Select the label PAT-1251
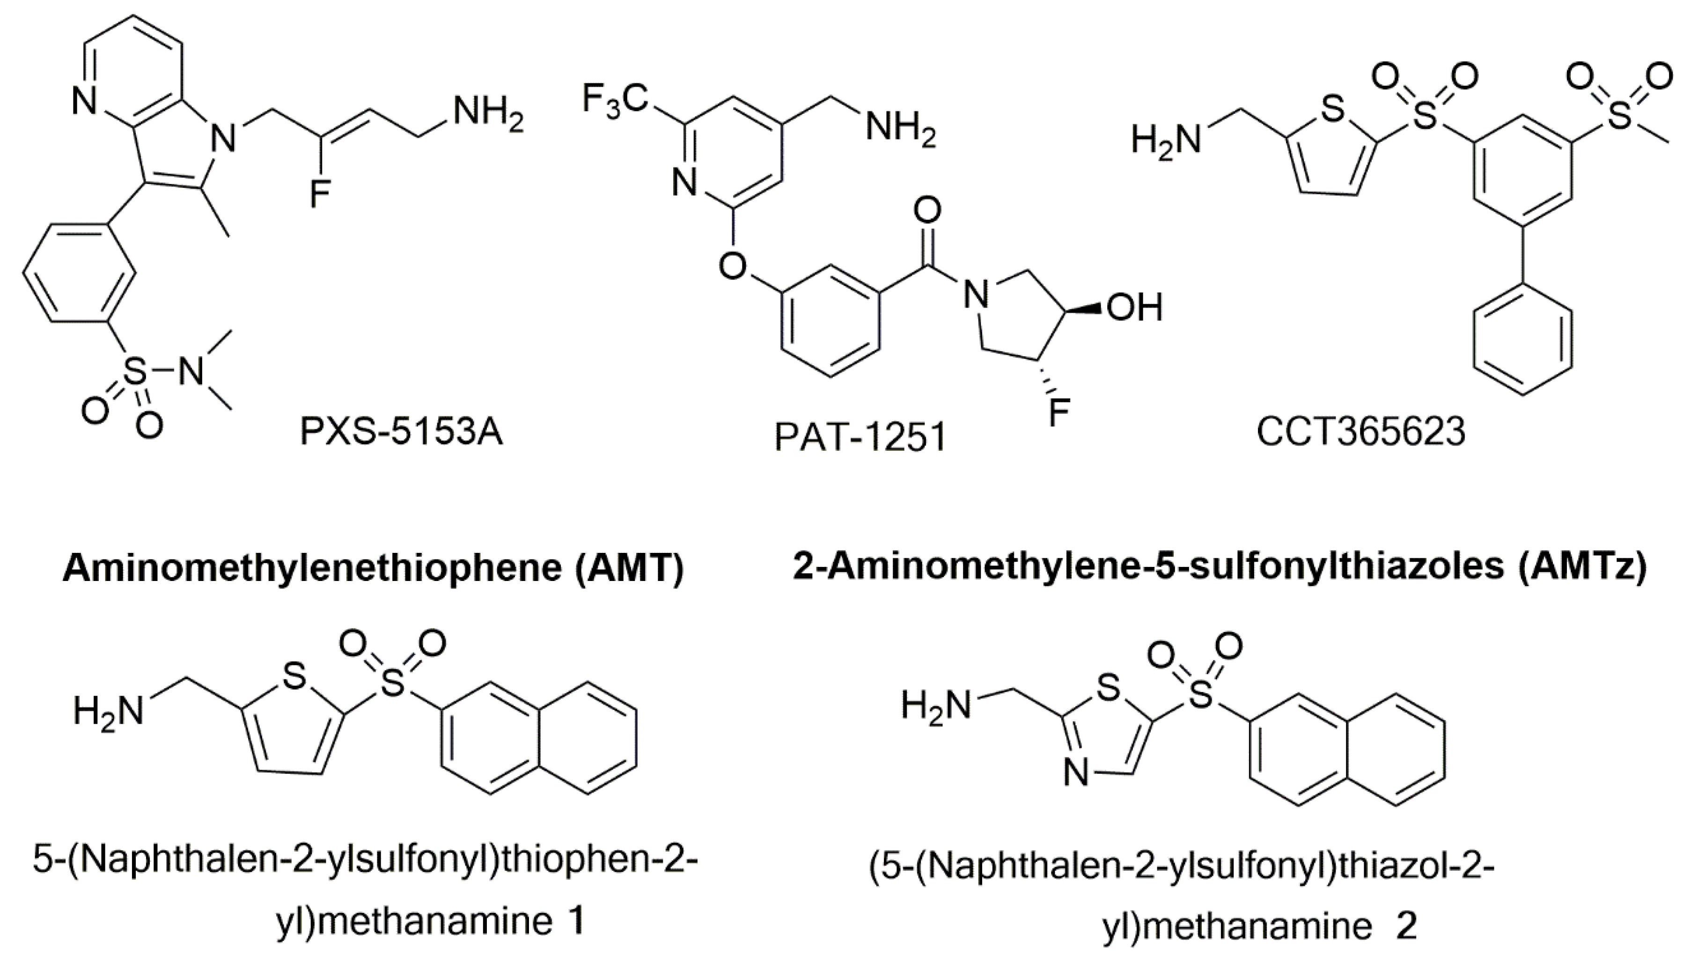coord(860,437)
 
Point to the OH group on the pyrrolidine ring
coord(1134,308)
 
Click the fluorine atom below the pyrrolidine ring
coord(1059,412)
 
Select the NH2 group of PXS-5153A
coord(488,114)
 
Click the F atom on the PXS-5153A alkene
coord(320,193)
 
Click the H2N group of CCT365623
coord(1166,140)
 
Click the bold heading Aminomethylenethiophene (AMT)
coord(373,568)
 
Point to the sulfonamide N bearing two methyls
coord(192,372)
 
